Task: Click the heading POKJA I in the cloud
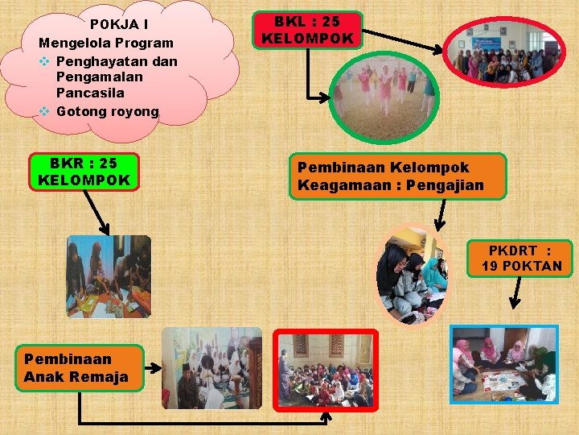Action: (118, 24)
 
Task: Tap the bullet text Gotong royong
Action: (108, 111)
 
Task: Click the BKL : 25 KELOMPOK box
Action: (307, 31)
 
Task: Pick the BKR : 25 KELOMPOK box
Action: (84, 172)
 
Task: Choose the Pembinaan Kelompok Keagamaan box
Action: (398, 176)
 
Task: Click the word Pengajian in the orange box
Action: (445, 185)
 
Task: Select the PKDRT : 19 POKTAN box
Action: (519, 258)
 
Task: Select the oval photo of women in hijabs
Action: (412, 274)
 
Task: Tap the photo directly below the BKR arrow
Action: (109, 275)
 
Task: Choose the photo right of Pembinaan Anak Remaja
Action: (212, 367)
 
